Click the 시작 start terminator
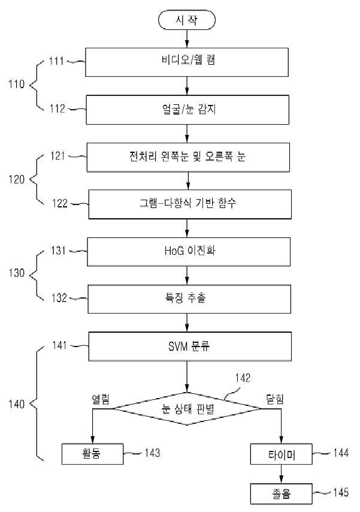point(187,20)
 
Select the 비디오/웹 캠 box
point(187,62)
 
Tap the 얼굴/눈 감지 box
point(187,110)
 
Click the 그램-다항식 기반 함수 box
point(190,204)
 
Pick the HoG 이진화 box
point(189,252)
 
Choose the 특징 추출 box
point(189,299)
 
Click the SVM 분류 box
point(190,347)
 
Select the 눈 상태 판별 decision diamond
point(187,408)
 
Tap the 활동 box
point(92,454)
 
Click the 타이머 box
point(282,454)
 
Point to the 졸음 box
point(282,493)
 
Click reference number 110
point(16,85)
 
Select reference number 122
point(60,203)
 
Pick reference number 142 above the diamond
point(243,378)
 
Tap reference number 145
point(341,492)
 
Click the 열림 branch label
point(101,399)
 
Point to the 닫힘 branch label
point(275,399)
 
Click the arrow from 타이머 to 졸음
point(282,474)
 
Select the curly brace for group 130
point(36,275)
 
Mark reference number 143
point(152,453)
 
